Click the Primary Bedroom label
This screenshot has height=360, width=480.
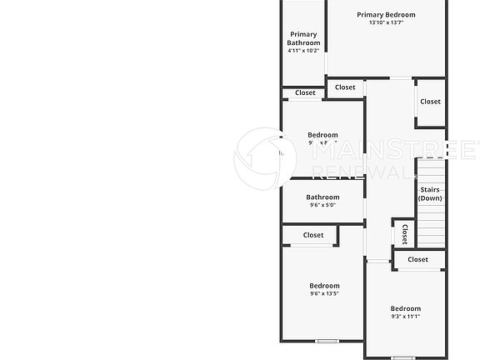click(386, 14)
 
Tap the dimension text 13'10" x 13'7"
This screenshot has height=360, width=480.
click(386, 22)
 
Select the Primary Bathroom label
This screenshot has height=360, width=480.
click(303, 38)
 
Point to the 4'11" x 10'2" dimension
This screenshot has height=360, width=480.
click(303, 51)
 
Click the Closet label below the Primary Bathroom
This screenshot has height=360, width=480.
click(305, 92)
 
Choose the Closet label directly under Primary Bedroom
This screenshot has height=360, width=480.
click(345, 87)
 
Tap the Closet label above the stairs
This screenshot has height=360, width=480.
click(430, 102)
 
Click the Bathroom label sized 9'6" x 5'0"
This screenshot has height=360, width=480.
click(322, 197)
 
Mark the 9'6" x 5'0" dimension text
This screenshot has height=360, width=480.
click(322, 206)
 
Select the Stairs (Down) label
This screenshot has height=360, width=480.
click(430, 193)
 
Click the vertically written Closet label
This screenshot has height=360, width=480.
click(405, 234)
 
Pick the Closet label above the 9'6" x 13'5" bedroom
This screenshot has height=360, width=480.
click(313, 235)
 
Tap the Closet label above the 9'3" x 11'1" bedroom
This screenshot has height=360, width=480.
click(418, 259)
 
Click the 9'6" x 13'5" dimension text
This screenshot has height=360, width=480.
click(324, 293)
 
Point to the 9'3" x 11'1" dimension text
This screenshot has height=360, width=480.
click(406, 317)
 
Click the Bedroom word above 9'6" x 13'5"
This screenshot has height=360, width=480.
click(324, 285)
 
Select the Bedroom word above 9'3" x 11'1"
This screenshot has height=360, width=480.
click(406, 308)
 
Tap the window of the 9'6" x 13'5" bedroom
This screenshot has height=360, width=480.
click(326, 340)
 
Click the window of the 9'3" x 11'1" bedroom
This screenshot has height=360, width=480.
click(402, 357)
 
